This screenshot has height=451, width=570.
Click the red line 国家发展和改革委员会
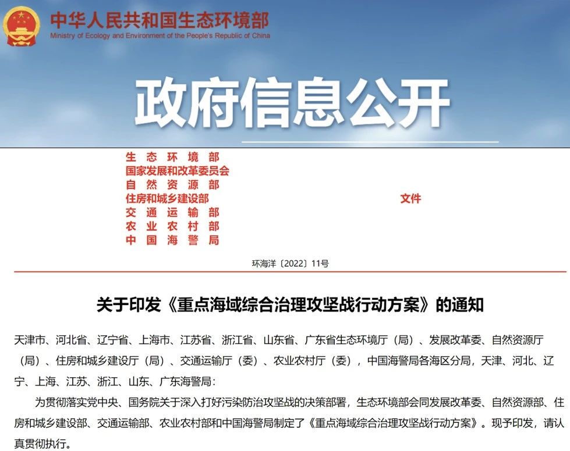click(x=178, y=171)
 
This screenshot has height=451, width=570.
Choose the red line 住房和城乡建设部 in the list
click(x=167, y=199)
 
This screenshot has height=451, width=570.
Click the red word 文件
click(x=410, y=199)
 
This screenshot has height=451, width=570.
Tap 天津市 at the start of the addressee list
click(x=29, y=340)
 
